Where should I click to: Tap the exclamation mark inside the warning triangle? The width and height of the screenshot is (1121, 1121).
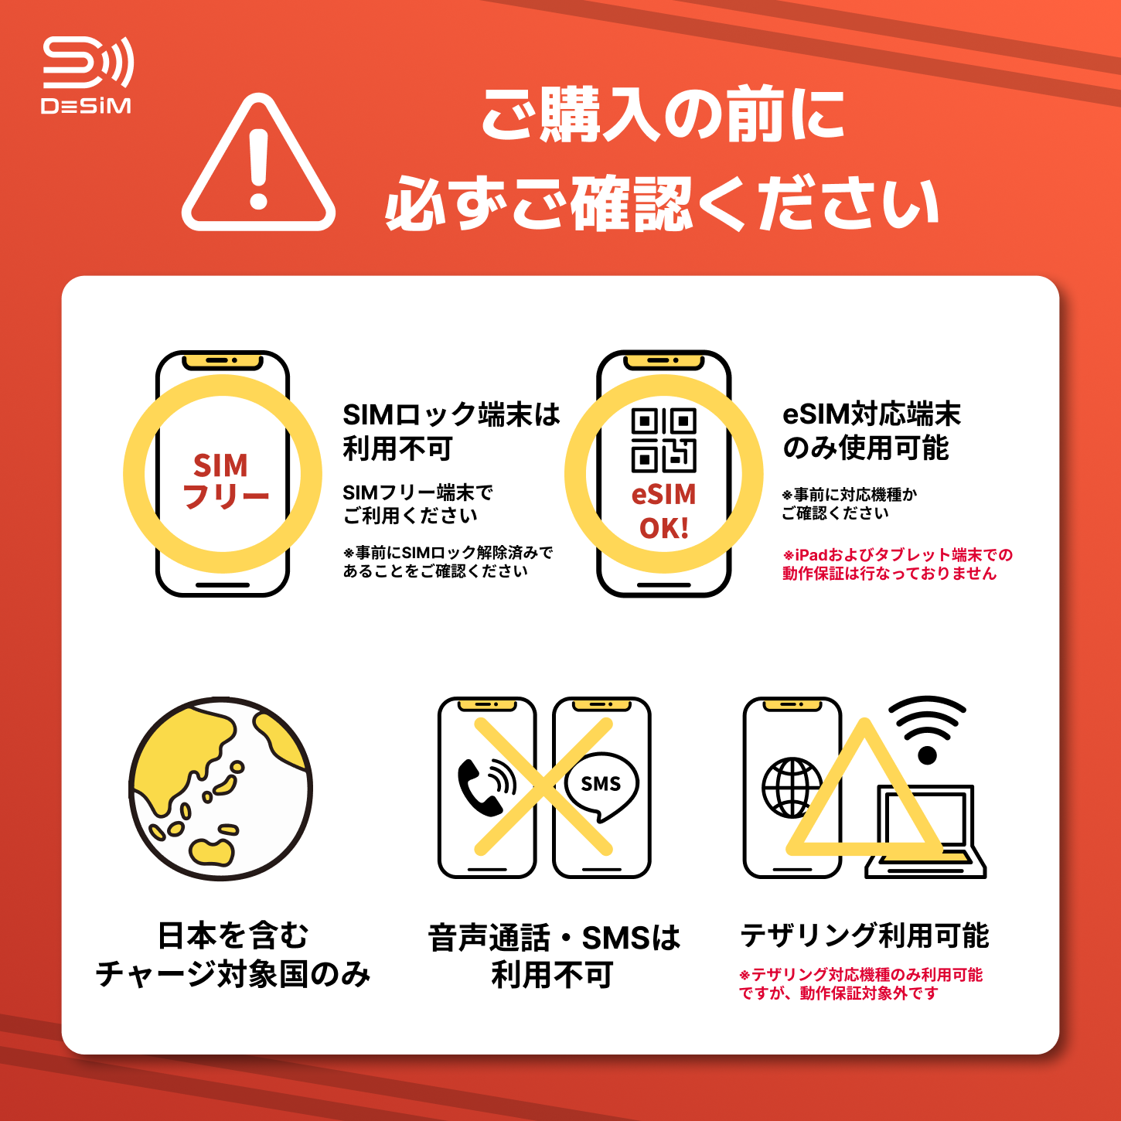(258, 169)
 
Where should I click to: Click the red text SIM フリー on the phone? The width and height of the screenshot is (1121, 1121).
(224, 481)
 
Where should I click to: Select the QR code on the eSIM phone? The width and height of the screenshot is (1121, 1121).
(664, 440)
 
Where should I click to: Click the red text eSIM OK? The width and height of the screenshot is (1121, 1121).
(664, 511)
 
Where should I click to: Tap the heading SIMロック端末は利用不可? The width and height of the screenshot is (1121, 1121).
(451, 431)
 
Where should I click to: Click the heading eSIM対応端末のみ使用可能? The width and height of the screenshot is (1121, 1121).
(871, 431)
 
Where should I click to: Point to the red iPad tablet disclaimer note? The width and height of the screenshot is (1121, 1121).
(897, 564)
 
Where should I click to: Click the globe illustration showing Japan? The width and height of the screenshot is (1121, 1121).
(220, 789)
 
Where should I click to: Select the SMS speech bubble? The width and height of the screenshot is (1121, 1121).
(601, 786)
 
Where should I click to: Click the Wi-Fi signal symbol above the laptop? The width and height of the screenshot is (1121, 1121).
(927, 730)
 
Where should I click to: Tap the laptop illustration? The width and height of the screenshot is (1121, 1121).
(925, 831)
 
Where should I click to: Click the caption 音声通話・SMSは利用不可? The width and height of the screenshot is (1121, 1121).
(554, 956)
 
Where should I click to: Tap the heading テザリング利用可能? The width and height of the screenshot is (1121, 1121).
(864, 936)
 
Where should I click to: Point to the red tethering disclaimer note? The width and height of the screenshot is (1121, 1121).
(860, 983)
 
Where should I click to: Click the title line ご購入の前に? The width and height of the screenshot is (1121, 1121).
(663, 114)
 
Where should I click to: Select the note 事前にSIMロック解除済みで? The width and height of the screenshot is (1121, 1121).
(448, 552)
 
